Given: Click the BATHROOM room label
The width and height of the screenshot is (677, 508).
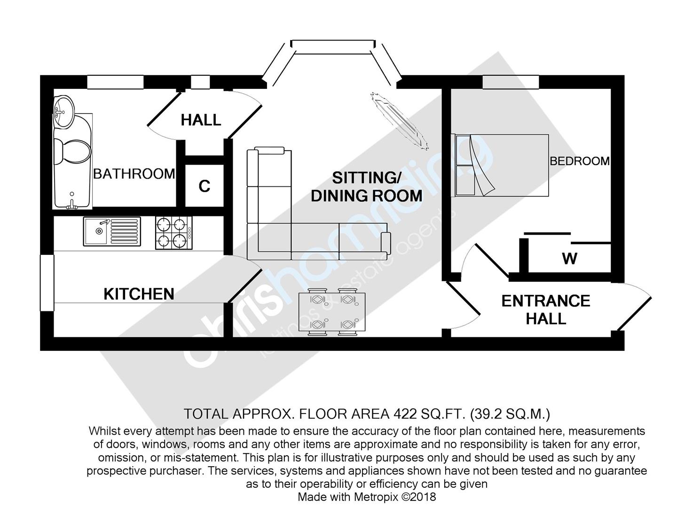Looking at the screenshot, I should click(x=134, y=174).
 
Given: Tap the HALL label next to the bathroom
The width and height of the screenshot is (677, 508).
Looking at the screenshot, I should click(x=201, y=120).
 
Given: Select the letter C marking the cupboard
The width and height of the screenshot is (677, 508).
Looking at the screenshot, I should click(x=204, y=186).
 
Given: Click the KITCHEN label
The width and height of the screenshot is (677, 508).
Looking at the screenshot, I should click(x=139, y=294).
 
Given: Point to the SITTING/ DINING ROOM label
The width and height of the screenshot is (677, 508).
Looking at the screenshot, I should click(x=366, y=187).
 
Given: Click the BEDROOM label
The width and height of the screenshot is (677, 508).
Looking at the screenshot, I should click(x=580, y=161).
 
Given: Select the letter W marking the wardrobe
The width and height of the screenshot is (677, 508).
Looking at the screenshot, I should click(x=569, y=258).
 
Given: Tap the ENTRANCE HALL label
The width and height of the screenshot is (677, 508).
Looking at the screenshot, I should click(x=546, y=310).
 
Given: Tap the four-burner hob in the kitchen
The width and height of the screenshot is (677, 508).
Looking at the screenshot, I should click(x=173, y=232).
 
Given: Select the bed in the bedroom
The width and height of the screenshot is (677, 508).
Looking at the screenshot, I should click(x=500, y=165).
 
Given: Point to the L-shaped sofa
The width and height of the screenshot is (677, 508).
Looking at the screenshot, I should click(x=282, y=221).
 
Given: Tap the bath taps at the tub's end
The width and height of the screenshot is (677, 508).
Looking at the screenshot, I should click(x=72, y=202).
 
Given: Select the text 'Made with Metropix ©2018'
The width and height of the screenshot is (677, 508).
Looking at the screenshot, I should click(x=367, y=497).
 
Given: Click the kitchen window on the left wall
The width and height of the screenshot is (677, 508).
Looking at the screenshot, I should click(x=47, y=283).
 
